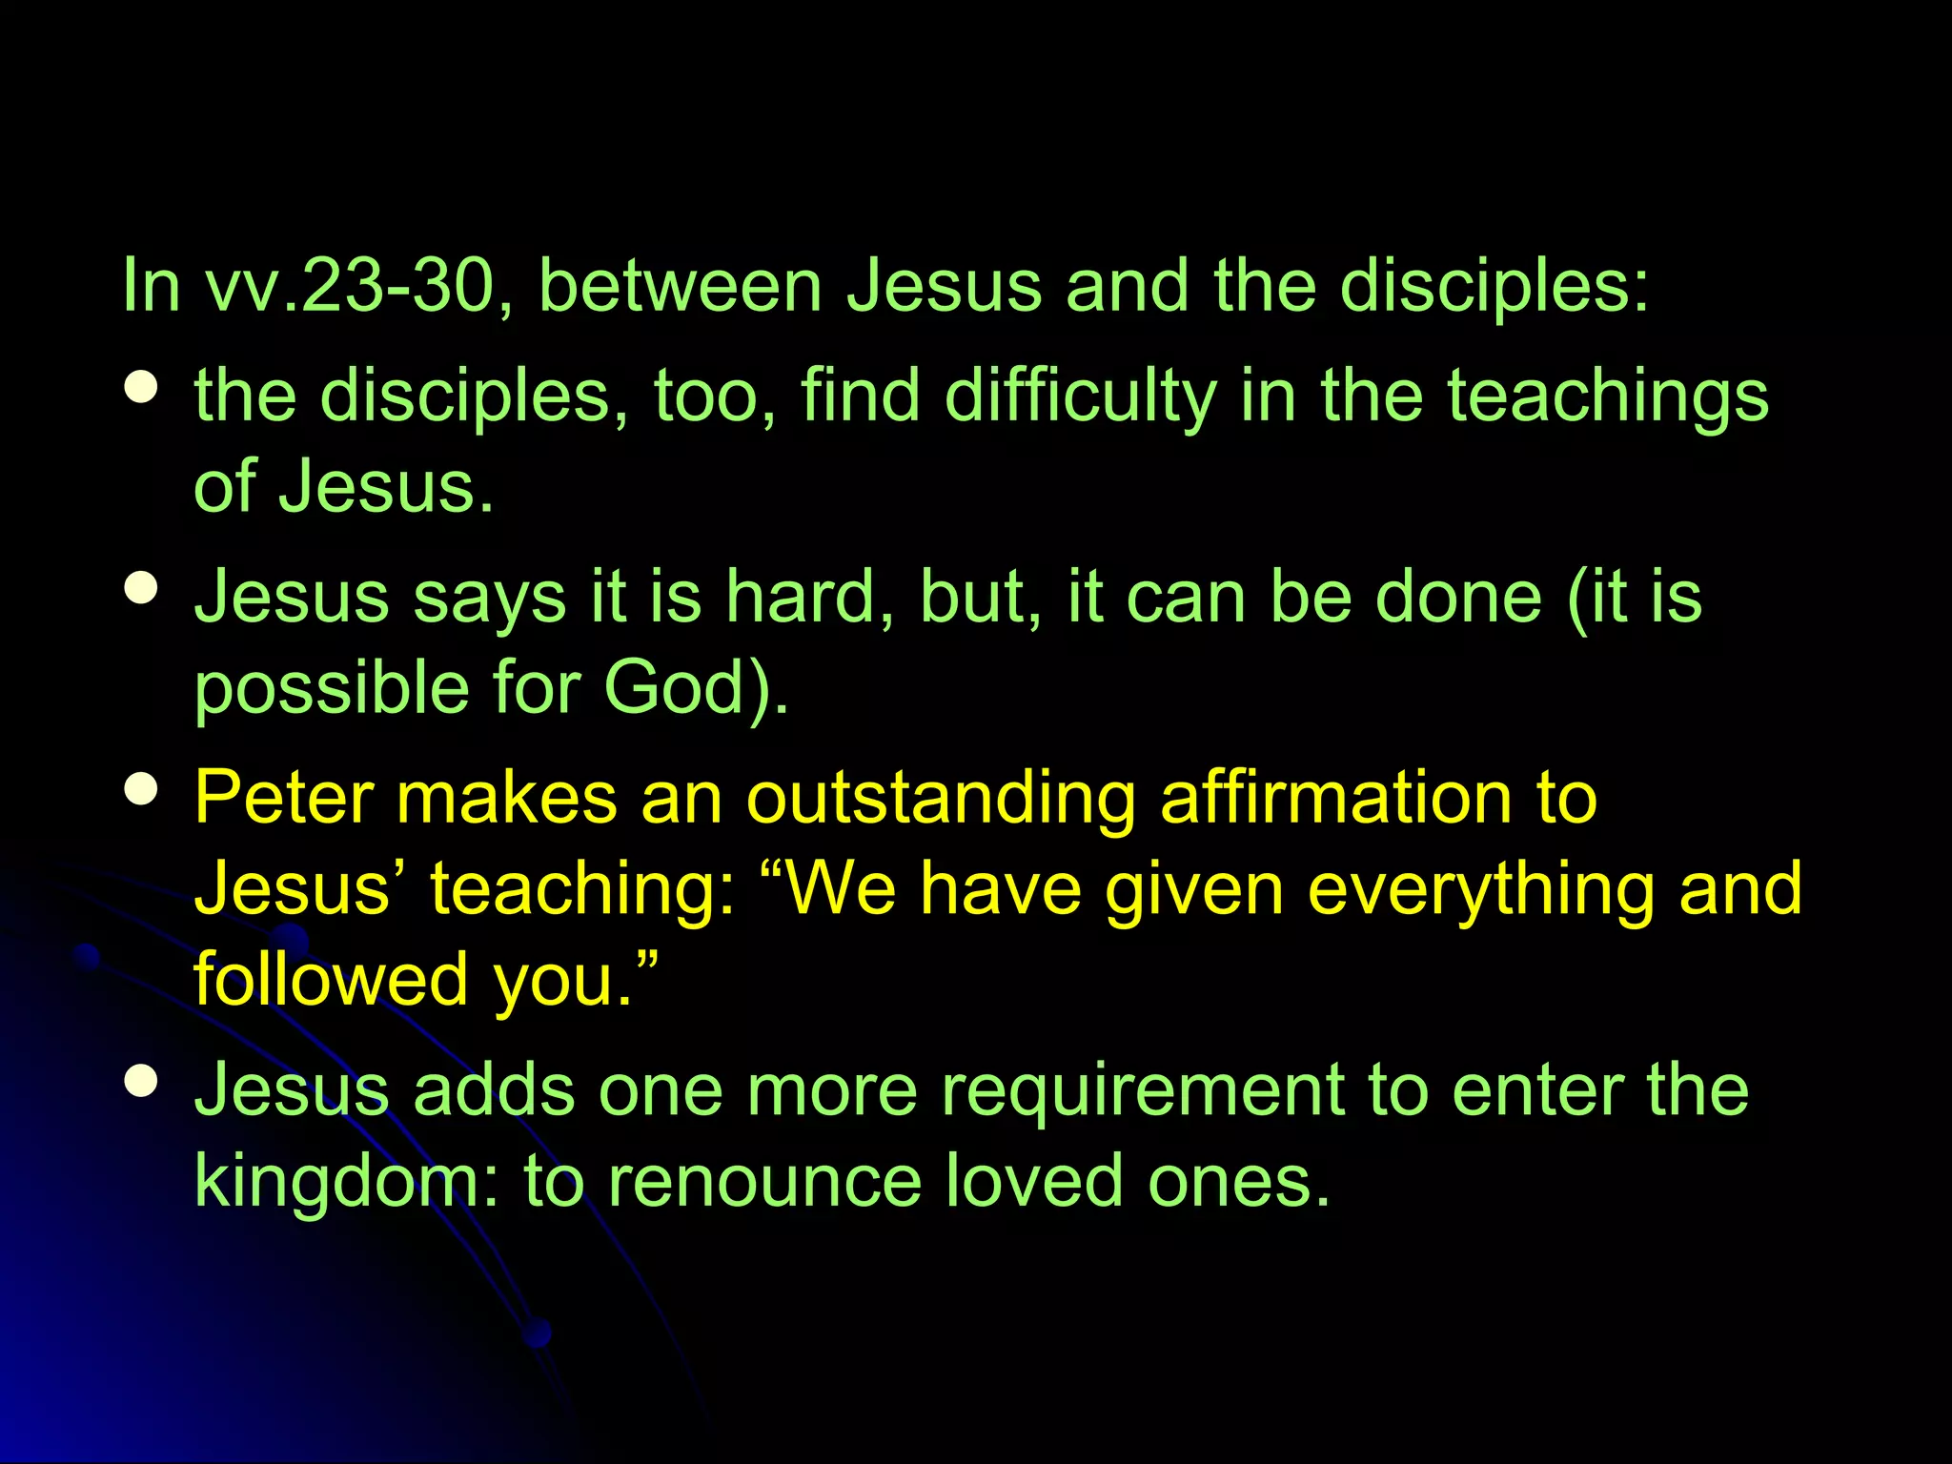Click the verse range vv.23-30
pyautogui.click(x=349, y=286)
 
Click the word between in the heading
pyautogui.click(x=680, y=286)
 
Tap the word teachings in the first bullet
pyautogui.click(x=1608, y=396)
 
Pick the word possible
pyautogui.click(x=331, y=689)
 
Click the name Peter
pyautogui.click(x=283, y=798)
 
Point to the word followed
pyautogui.click(x=331, y=979)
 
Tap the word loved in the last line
pyautogui.click(x=1035, y=1182)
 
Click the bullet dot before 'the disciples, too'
pyautogui.click(x=141, y=387)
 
